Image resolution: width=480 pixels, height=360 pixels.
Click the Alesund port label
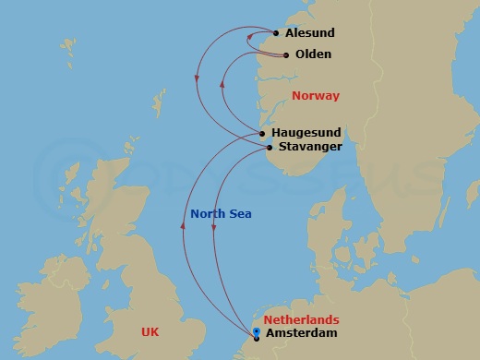pos(309,33)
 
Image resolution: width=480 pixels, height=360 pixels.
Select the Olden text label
pos(313,54)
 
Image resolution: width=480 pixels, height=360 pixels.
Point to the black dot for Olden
pos(285,54)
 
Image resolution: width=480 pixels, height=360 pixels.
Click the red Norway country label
pos(315,96)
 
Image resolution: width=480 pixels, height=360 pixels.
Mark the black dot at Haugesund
pos(263,134)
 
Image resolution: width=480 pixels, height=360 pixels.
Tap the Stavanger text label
pos(309,147)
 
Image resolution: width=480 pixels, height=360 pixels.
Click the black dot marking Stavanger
pos(269,147)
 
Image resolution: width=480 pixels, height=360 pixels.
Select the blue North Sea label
pos(221,214)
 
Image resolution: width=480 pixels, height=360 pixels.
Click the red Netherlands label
pos(301,319)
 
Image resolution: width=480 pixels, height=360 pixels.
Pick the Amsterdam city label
pos(300,333)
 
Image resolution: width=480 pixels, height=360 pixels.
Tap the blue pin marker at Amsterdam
pos(256,335)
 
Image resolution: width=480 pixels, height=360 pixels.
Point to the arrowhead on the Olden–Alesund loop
pos(250,37)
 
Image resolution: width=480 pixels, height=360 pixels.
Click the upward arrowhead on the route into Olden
pos(222,84)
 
